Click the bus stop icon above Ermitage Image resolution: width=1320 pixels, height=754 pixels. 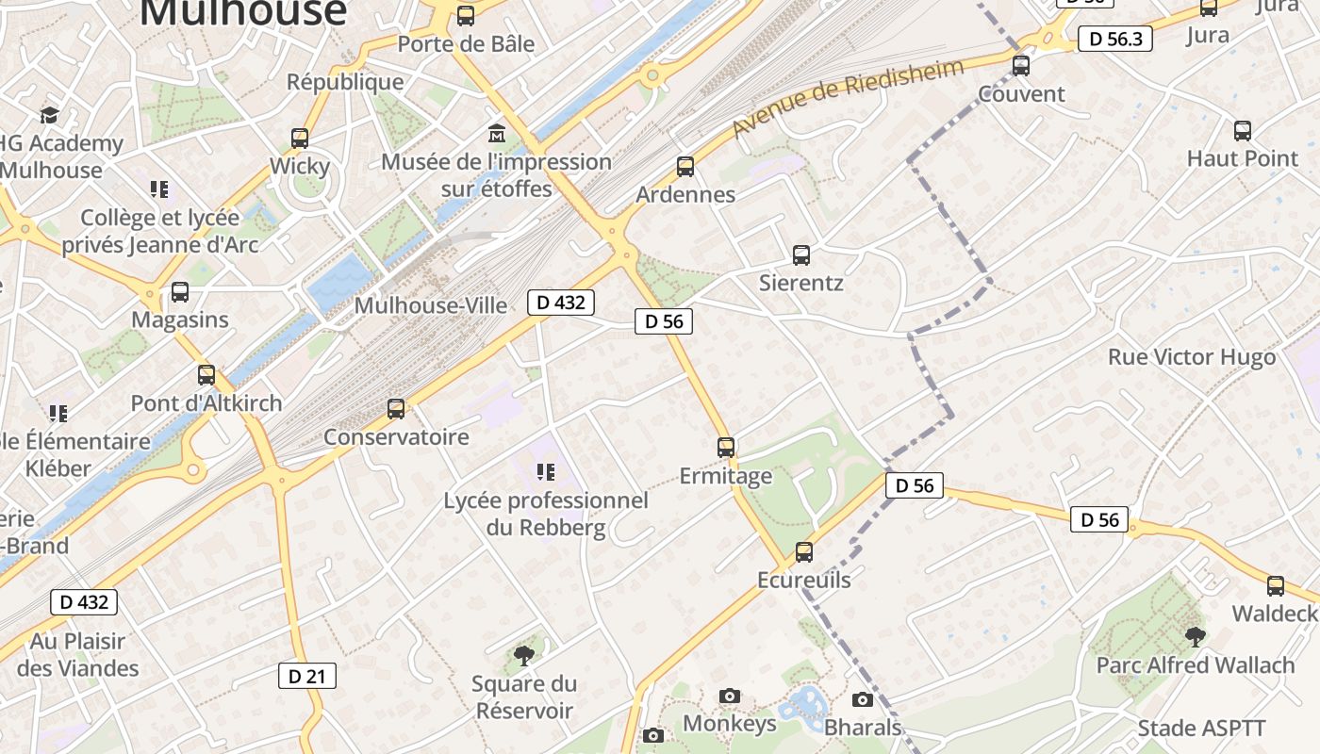coord(726,448)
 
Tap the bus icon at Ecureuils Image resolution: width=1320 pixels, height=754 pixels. coord(804,552)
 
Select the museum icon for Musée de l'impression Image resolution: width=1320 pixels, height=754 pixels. coord(496,134)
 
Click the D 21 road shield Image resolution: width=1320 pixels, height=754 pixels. coord(307,676)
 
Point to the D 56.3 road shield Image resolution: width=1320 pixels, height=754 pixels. coord(1115,39)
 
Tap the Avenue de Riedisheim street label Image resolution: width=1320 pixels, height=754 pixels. coord(849,96)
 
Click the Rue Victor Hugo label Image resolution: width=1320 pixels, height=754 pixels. coord(1192,357)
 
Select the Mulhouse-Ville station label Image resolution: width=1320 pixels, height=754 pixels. coord(430,305)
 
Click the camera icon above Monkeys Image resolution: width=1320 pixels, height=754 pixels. coord(729,697)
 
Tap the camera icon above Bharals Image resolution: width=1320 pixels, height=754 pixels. coord(863,699)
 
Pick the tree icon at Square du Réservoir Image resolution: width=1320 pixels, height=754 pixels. coord(523,655)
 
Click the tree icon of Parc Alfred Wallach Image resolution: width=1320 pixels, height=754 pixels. coord(1196,637)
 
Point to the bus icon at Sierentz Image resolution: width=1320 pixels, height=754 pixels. coord(801,255)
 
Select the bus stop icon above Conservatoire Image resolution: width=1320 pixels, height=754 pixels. coord(396,409)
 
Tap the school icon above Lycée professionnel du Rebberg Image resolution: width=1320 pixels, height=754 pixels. coord(545,471)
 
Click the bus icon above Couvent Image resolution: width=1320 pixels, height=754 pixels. coord(1021,66)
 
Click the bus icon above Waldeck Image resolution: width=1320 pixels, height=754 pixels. coord(1276,586)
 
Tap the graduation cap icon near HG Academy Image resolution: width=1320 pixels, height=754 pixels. coord(49,115)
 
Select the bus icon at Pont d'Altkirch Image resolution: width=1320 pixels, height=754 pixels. coord(206,375)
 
